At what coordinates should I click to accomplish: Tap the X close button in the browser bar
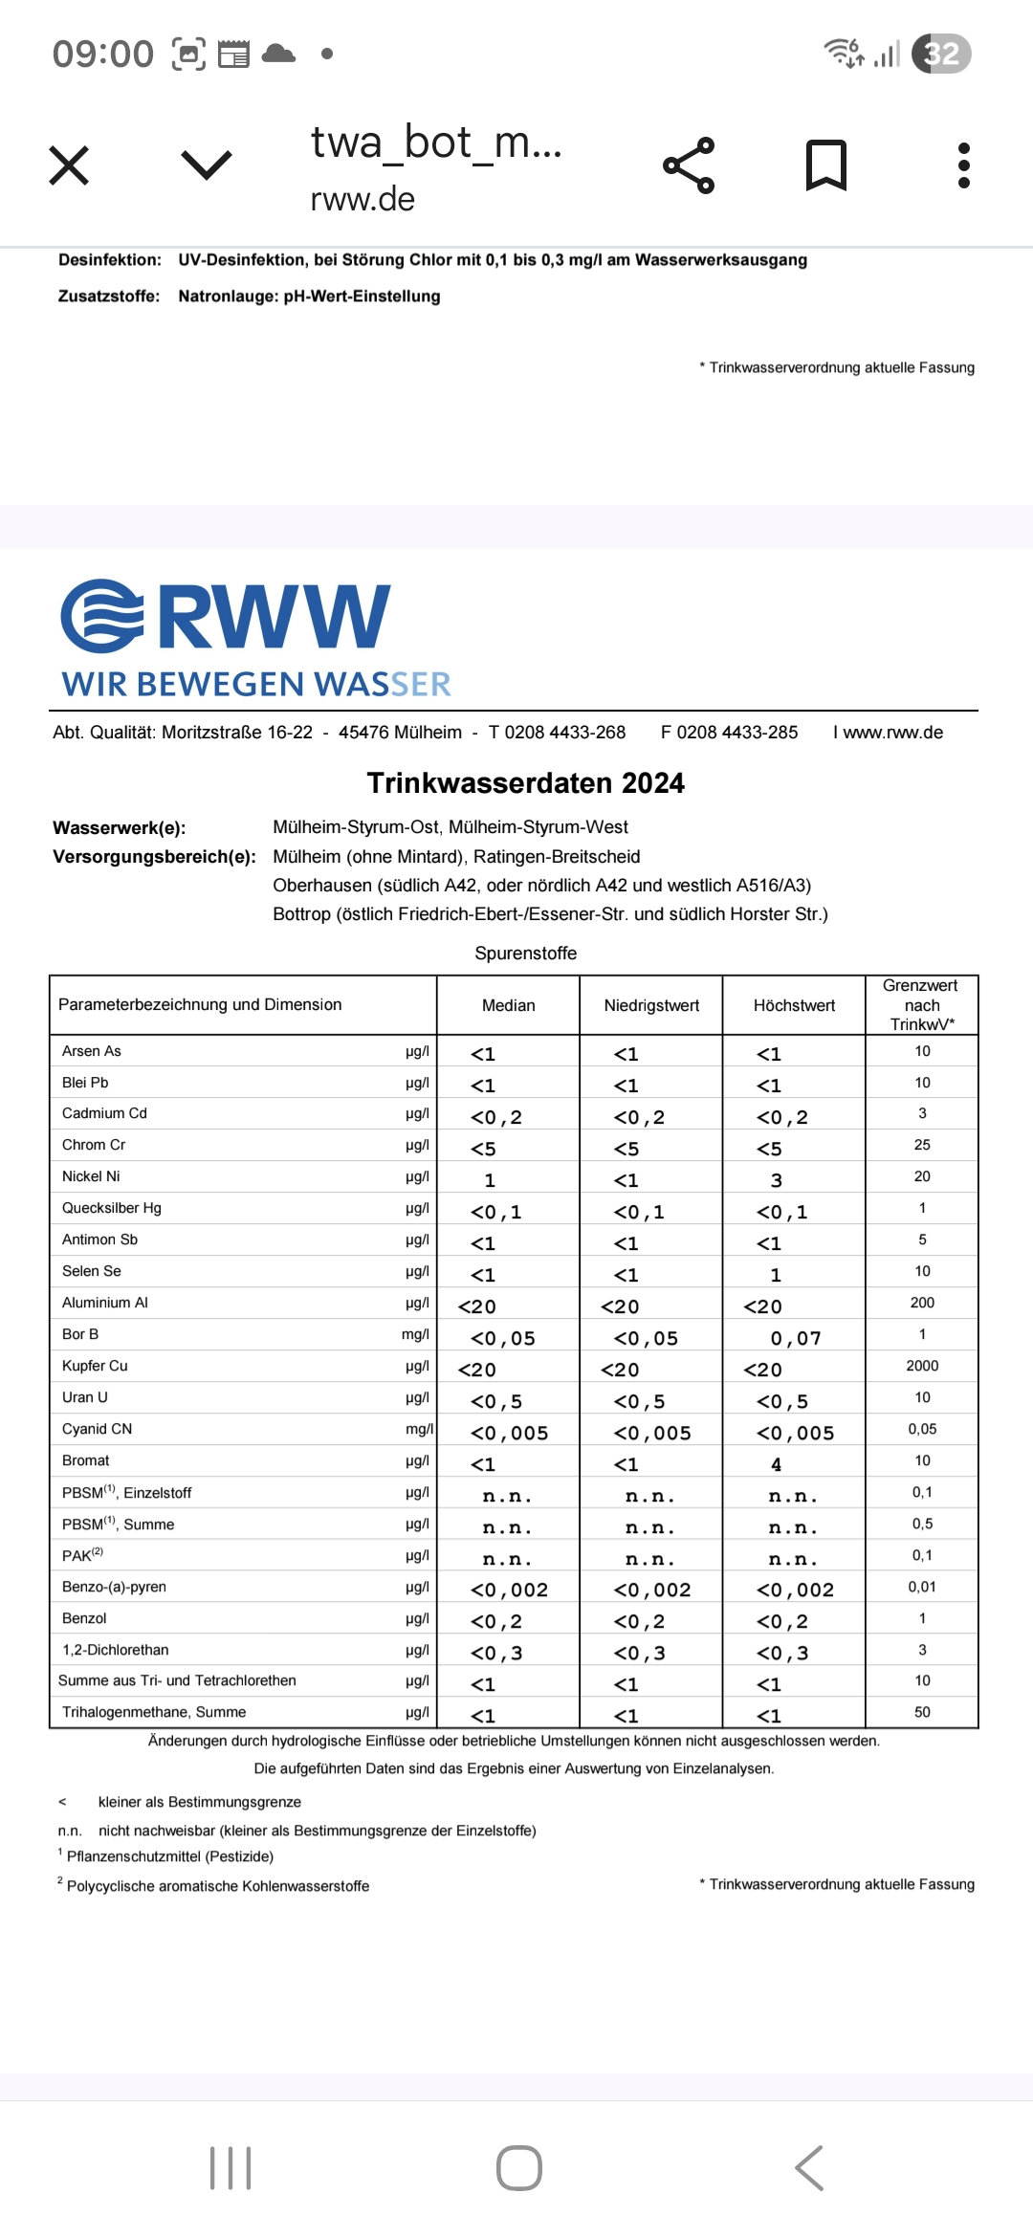(x=69, y=165)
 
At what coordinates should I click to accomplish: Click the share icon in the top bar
(x=690, y=165)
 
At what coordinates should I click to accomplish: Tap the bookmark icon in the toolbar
(x=826, y=165)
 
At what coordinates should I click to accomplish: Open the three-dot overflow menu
(x=963, y=165)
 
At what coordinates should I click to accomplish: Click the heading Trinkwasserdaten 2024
(x=525, y=783)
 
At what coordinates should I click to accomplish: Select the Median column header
(x=508, y=1005)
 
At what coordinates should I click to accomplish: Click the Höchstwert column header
(x=794, y=1005)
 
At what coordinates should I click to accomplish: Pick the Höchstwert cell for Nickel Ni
(x=777, y=1180)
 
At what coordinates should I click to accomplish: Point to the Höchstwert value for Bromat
(x=777, y=1464)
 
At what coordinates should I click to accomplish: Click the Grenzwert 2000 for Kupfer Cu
(x=922, y=1366)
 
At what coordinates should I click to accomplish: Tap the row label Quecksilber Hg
(x=112, y=1208)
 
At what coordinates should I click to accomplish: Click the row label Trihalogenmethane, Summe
(x=154, y=1712)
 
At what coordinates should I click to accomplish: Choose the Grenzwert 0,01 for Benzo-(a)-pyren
(x=922, y=1587)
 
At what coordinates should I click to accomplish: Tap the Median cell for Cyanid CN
(x=509, y=1433)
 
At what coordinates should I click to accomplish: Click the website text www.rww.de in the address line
(x=892, y=733)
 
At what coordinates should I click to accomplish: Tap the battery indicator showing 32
(x=941, y=54)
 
